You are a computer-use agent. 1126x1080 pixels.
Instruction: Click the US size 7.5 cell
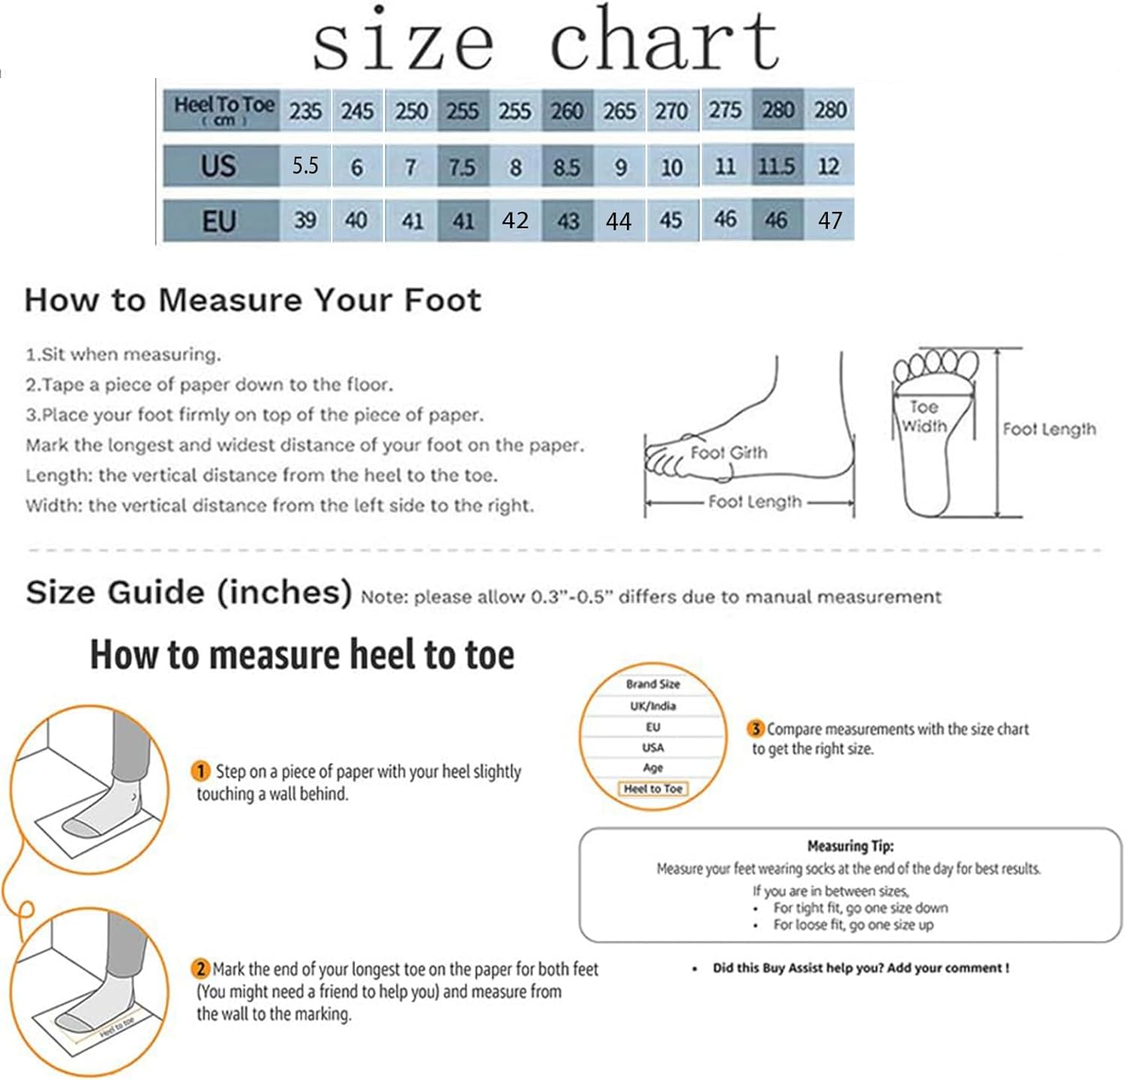[462, 166]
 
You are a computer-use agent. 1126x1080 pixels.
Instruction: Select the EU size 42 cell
[515, 221]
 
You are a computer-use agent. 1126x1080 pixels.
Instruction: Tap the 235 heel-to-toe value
[306, 111]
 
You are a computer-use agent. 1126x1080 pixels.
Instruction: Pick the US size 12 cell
[829, 166]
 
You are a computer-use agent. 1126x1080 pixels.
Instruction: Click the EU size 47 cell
[829, 221]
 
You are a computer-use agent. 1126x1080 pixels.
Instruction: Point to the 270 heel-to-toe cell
[671, 111]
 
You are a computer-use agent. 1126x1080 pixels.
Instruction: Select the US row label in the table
[219, 166]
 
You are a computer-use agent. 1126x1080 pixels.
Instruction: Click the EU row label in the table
[219, 222]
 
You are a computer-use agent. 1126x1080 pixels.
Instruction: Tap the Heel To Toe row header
[223, 110]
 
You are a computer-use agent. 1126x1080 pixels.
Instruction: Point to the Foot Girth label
[729, 453]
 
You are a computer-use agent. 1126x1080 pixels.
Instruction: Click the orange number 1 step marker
[201, 771]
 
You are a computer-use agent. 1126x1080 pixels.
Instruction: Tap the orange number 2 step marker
[200, 969]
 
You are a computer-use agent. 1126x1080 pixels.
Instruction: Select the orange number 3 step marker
[756, 729]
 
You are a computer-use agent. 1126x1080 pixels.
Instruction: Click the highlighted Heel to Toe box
[652, 789]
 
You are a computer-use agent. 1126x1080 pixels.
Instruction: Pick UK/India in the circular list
[652, 706]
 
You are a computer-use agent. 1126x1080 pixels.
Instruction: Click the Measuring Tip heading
[851, 846]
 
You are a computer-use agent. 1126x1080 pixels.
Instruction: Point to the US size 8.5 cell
[567, 166]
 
